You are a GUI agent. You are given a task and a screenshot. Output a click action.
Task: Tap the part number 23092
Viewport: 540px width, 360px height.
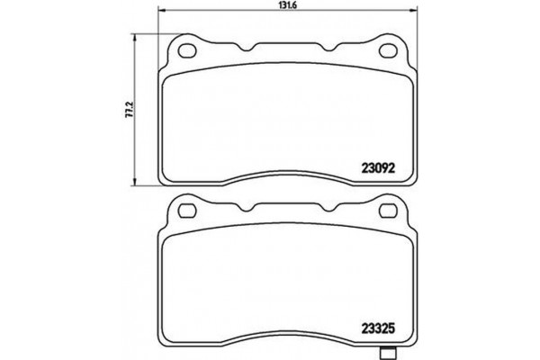coord(378,165)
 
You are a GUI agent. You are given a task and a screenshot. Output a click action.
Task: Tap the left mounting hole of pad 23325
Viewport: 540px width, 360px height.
coord(188,212)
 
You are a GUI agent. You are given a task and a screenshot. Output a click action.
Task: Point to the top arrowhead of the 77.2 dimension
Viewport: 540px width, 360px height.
coord(135,39)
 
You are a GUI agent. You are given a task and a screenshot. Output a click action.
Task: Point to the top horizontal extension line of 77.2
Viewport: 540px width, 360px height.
coord(153,35)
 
